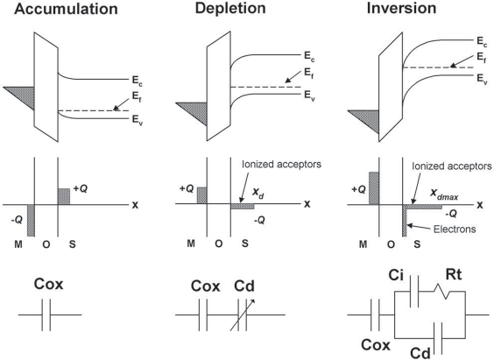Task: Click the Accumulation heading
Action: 66,9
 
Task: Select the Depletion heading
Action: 230,8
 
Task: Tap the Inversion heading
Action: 401,8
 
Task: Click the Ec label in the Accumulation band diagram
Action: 138,81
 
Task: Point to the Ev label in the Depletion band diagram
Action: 309,95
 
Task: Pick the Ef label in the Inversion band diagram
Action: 482,58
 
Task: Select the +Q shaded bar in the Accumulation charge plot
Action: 64,196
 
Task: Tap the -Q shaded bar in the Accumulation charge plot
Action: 31,221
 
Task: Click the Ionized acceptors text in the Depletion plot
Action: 282,165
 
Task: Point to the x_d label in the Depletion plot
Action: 258,193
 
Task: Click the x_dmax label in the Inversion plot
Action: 444,194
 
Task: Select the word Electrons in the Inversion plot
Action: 455,229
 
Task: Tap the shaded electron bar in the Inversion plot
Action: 405,221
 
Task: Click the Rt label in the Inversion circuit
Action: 454,275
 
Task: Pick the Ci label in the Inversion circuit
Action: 396,275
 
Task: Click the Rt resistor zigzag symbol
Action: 442,292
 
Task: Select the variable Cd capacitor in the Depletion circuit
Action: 242,314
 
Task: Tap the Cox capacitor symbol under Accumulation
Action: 46,314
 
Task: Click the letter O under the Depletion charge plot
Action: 219,244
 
